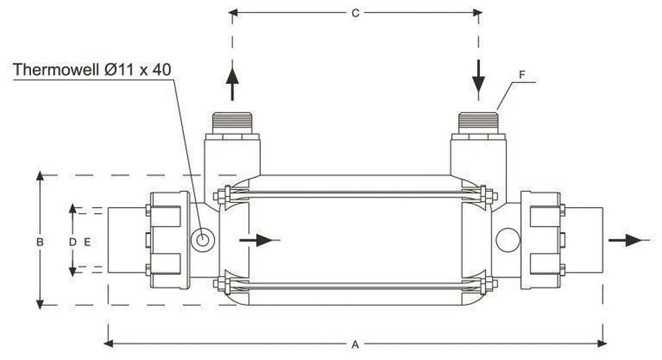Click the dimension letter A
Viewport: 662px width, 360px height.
355,344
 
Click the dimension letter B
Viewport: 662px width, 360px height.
40,242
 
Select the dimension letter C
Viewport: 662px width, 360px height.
355,13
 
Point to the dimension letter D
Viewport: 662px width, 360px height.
73,242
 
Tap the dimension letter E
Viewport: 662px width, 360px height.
87,242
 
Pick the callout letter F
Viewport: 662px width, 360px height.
522,75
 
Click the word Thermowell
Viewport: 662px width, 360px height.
56,69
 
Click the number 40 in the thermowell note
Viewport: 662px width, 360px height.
162,69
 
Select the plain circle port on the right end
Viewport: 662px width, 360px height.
508,240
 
